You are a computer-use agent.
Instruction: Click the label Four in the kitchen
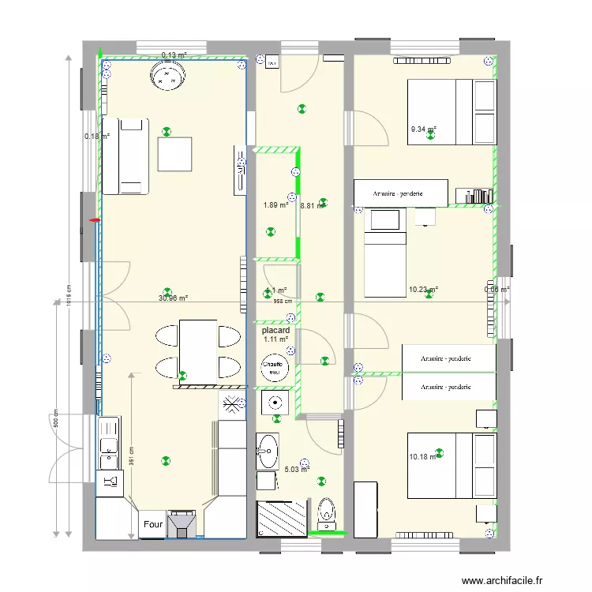tap(152, 524)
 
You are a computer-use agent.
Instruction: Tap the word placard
tap(275, 331)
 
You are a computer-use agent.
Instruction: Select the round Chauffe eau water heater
tap(275, 367)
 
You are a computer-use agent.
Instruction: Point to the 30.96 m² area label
tap(173, 298)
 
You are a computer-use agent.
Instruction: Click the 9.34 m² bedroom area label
tap(423, 129)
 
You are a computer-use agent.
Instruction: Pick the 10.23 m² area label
tap(423, 290)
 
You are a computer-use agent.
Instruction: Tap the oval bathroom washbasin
tap(268, 451)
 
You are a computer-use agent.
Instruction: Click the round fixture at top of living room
tap(167, 77)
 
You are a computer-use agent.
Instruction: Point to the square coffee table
tap(174, 154)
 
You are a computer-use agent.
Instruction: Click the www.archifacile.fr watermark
tap(503, 581)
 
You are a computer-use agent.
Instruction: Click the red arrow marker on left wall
tap(96, 220)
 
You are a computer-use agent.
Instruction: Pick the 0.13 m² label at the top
tap(174, 55)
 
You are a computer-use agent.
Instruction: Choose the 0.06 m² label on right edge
tap(496, 290)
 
